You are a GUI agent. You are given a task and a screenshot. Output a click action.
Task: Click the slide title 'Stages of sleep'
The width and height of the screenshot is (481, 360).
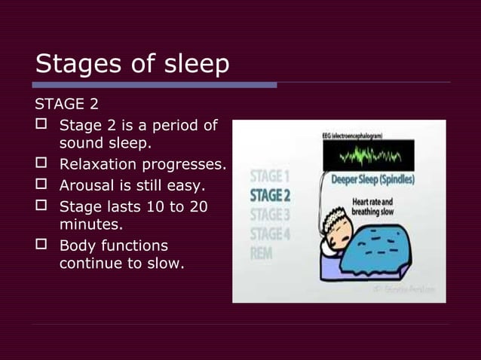pyautogui.click(x=132, y=64)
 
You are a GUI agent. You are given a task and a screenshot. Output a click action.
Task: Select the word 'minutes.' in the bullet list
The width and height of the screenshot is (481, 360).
pyautogui.click(x=90, y=224)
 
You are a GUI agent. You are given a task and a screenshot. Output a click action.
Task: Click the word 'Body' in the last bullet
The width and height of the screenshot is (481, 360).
pyautogui.click(x=77, y=246)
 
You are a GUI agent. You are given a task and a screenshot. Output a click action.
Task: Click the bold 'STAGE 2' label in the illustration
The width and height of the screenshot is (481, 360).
pyautogui.click(x=271, y=196)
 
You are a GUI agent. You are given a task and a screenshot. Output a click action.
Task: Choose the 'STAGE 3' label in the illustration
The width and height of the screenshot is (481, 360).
pyautogui.click(x=271, y=215)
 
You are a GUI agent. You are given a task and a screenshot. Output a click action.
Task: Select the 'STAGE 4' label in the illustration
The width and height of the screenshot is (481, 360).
pyautogui.click(x=271, y=233)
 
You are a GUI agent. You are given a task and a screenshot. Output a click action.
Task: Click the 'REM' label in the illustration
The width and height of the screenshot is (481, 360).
pyautogui.click(x=262, y=253)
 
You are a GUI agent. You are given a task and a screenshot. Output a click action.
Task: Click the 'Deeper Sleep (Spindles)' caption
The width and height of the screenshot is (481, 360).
pyautogui.click(x=376, y=181)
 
